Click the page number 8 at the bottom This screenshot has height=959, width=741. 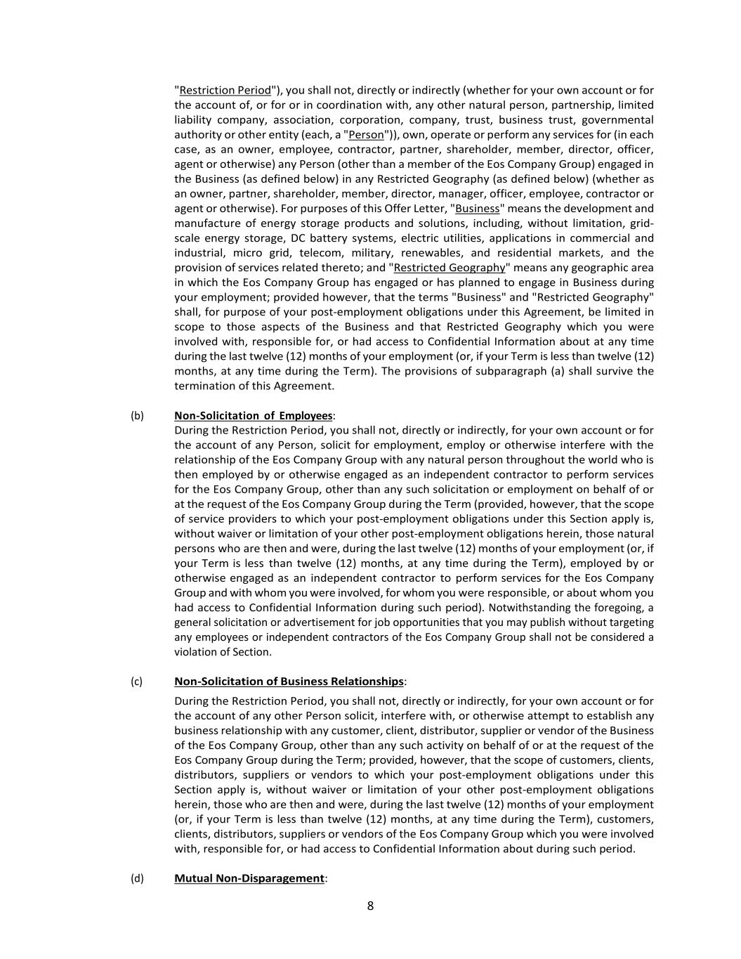point(370,906)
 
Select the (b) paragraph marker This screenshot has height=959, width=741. point(137,415)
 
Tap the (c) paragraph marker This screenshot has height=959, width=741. point(136,681)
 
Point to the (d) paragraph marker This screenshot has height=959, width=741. point(137,878)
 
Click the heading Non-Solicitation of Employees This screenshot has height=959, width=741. point(253,415)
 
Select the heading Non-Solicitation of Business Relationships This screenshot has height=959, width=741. point(289,681)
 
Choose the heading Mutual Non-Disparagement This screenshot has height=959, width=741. point(249,878)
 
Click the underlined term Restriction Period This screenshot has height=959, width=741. point(225,90)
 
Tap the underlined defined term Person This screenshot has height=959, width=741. point(366,134)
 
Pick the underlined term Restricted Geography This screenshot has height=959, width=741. point(450,267)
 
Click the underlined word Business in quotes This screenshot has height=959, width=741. point(477,208)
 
